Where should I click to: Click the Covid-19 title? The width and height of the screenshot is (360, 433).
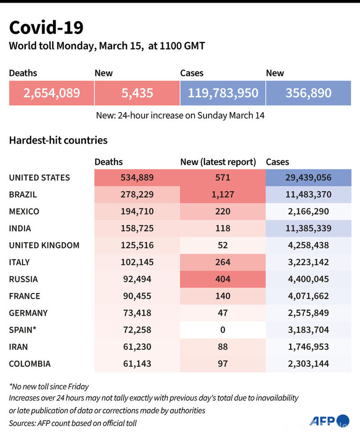coord(46,28)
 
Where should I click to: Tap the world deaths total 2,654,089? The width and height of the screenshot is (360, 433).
coord(52,93)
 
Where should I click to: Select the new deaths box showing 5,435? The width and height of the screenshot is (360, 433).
coord(137,93)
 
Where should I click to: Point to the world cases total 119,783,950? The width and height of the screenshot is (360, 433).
coord(223,93)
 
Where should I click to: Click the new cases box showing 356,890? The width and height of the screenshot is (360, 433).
coord(308,93)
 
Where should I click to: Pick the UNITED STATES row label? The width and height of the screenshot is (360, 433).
coord(40,177)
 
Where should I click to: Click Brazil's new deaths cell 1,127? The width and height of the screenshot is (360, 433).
coord(223,195)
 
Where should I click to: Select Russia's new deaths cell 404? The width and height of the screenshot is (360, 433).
coord(223,279)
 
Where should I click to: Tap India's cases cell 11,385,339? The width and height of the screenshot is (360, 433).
coord(308,229)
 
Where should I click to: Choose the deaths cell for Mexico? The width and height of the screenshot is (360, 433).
coord(137,212)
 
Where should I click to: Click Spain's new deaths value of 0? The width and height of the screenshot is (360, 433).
coord(223,330)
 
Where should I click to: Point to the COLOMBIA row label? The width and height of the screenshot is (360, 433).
coord(30,364)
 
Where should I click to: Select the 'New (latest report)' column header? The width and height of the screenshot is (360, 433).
coord(218,162)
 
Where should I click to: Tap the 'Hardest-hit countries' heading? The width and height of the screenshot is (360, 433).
coord(58,140)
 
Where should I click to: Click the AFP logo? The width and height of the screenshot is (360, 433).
coord(329,421)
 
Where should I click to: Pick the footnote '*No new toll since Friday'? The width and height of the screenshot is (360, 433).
coord(49,386)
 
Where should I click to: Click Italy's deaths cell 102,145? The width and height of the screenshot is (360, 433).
coord(137,262)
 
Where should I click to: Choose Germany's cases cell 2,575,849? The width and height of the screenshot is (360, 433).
coord(308,313)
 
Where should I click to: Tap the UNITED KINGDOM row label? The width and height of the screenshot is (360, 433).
coord(44,245)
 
